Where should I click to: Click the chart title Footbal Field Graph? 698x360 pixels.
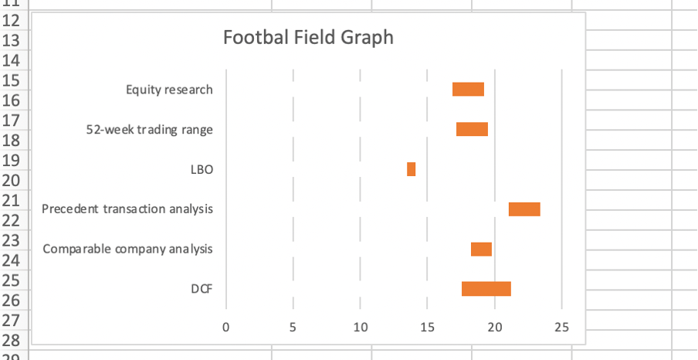pos(307,37)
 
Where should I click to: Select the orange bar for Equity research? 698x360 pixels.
pos(468,89)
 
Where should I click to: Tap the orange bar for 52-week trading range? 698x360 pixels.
pos(472,129)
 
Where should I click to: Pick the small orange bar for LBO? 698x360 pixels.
pos(412,169)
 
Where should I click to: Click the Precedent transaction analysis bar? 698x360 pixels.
pos(524,209)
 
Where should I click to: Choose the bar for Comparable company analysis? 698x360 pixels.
pos(481,249)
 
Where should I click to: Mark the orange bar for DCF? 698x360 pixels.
pos(486,289)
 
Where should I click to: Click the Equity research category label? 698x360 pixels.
pos(169,90)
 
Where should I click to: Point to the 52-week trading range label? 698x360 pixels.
pos(149,130)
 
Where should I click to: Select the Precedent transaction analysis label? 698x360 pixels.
pos(127,209)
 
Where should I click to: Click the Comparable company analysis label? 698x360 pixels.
pos(128,250)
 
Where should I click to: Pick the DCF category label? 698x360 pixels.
pos(202,290)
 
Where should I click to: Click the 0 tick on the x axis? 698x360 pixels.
pos(225,328)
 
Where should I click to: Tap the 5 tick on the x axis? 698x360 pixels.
pos(293,328)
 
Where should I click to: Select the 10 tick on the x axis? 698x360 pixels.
pos(360,328)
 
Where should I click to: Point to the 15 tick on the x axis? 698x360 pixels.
pos(427,328)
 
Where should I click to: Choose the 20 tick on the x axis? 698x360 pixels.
pos(494,328)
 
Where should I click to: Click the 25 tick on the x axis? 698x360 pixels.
pos(561,328)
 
